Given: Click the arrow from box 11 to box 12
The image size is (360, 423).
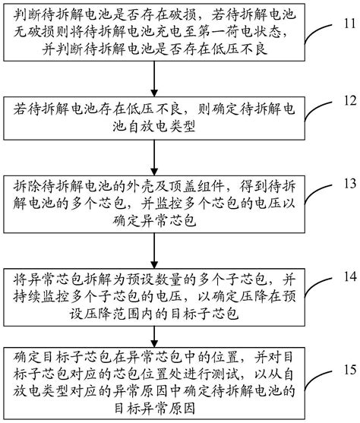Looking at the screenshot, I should (x=155, y=80).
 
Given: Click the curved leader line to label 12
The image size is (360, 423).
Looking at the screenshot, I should (x=323, y=106).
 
